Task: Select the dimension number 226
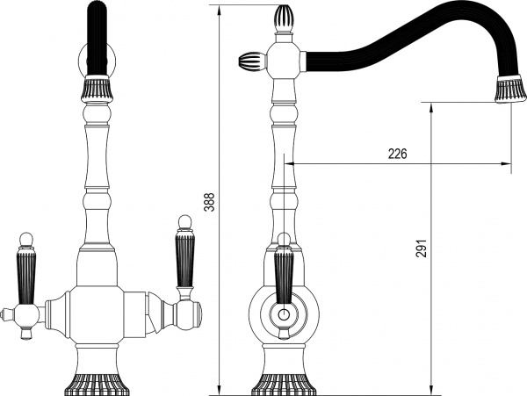(397, 154)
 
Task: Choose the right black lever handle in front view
(184, 259)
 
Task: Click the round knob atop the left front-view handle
(26, 237)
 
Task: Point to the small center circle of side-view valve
(283, 315)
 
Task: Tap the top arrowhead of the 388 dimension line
(220, 8)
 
